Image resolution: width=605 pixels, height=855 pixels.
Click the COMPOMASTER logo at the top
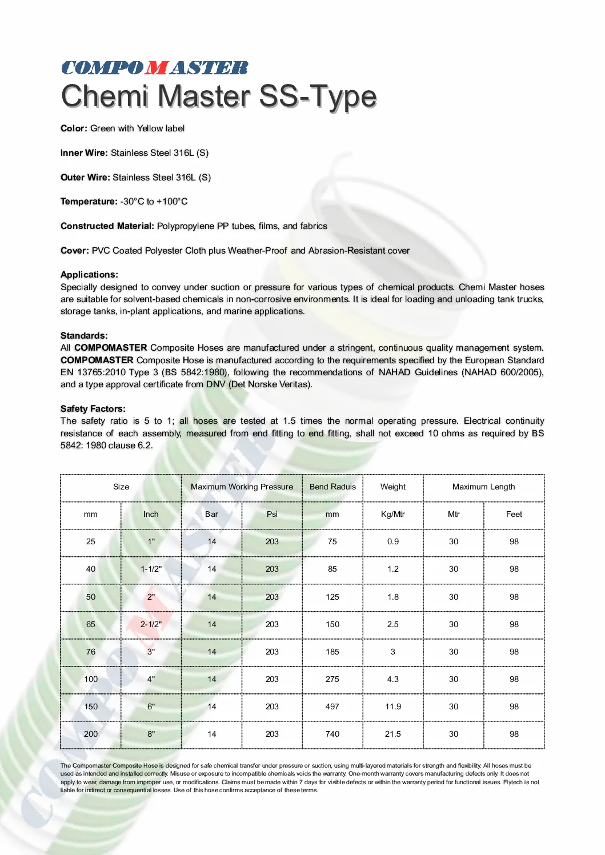[x=155, y=68]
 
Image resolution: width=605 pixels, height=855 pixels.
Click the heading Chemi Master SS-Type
[x=219, y=96]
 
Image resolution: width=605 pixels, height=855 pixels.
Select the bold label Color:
[x=74, y=129]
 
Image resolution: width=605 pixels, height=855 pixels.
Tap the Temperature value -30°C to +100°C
[x=154, y=202]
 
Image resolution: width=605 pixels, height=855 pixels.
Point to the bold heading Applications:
[x=89, y=275]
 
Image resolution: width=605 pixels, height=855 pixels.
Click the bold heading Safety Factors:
[x=93, y=409]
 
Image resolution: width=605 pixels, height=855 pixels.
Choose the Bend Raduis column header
[x=332, y=487]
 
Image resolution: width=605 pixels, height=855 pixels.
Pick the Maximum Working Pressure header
[x=242, y=487]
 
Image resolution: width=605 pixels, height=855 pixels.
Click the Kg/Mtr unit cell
[x=393, y=515]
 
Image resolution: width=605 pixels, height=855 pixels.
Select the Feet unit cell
[x=514, y=515]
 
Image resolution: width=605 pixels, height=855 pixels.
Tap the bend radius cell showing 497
[x=332, y=707]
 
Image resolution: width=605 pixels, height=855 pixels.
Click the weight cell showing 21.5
[x=393, y=734]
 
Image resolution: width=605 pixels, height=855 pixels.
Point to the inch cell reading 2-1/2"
[x=151, y=625]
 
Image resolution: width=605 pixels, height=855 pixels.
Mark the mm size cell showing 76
[x=91, y=652]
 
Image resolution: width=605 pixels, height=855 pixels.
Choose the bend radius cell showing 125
[x=332, y=597]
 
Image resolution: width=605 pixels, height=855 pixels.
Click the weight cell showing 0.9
[x=393, y=542]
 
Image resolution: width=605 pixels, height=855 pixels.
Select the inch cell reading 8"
[x=151, y=734]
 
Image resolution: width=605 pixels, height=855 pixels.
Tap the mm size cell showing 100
[x=91, y=680]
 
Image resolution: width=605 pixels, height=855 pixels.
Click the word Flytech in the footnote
[x=513, y=782]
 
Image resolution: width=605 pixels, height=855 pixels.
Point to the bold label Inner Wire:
[x=84, y=153]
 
